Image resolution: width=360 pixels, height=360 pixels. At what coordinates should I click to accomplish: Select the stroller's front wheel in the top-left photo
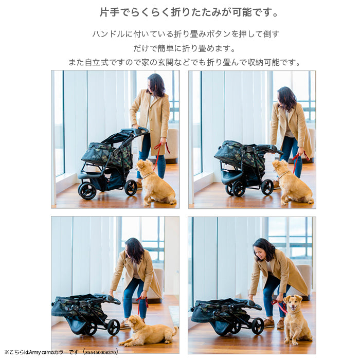87,191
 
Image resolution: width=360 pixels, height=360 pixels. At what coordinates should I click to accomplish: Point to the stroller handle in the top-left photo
138,131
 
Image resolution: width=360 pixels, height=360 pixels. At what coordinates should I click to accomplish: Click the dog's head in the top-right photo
281,166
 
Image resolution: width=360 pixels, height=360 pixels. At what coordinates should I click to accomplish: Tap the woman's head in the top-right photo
285,98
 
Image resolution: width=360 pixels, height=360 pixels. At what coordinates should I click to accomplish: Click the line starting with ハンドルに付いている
185,34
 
